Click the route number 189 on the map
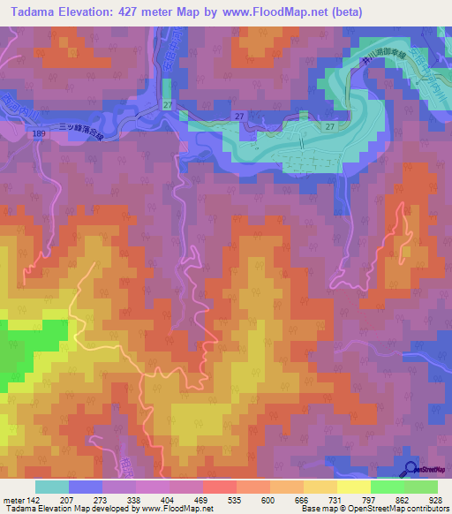(34, 134)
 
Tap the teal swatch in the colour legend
(52, 487)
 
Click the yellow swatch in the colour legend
(354, 487)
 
